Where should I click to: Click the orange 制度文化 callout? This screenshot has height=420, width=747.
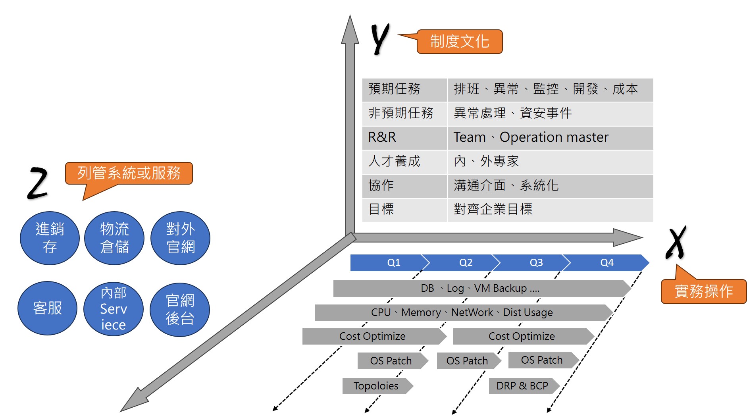pos(460,42)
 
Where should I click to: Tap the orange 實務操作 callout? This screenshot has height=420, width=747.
pos(703,291)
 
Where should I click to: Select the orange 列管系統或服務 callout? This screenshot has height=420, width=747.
pos(129,173)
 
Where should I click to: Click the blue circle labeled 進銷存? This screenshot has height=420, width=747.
pos(50,238)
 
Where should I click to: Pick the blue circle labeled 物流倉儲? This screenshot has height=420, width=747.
pos(114,238)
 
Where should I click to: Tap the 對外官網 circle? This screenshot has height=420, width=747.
pos(181,238)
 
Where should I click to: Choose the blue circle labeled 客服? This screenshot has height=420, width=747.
pos(48,308)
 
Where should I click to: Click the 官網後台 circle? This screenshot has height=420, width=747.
pos(180,310)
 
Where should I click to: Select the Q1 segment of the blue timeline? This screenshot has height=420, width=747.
pos(389,263)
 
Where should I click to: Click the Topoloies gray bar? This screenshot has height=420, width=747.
pos(376,386)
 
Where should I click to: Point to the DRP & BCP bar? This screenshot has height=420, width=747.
pos(522,386)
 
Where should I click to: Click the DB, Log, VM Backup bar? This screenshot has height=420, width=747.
pos(480,289)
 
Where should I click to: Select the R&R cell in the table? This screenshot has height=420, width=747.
pos(404,137)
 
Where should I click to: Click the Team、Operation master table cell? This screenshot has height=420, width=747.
pos(550,137)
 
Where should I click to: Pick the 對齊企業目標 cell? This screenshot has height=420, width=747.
pos(550,209)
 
